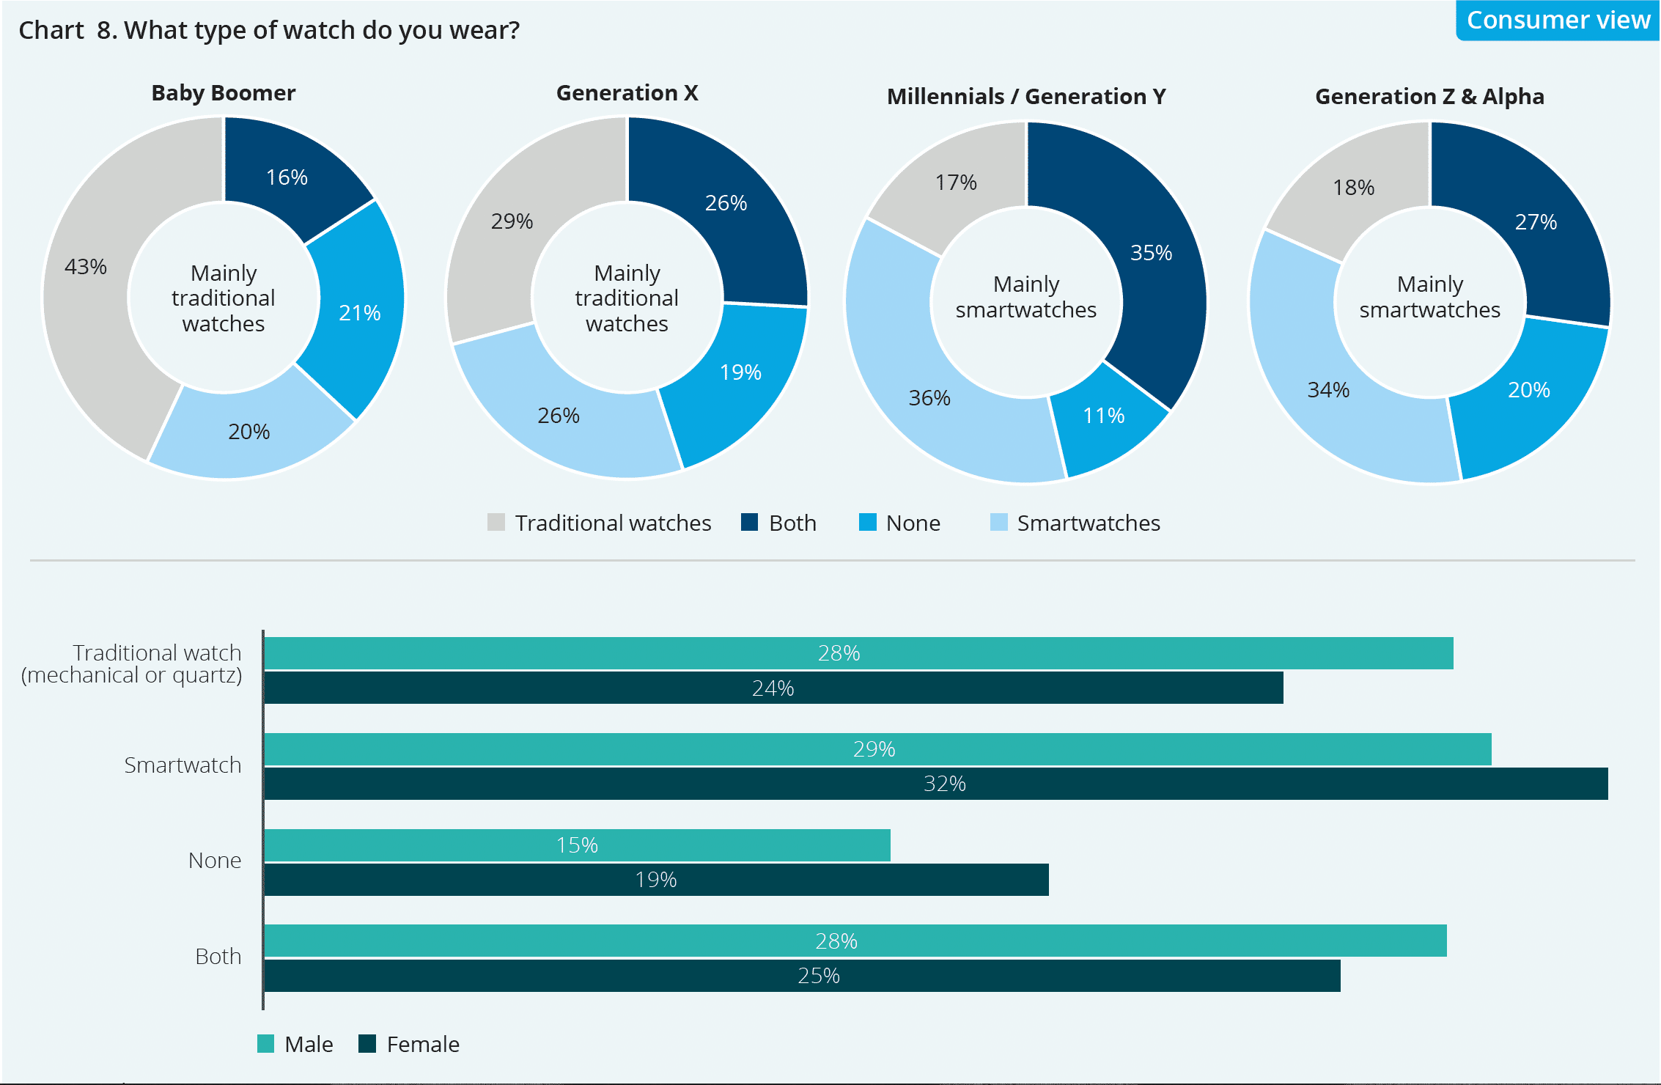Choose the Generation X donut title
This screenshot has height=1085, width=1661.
pyautogui.click(x=627, y=93)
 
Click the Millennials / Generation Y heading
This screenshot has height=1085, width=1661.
pyautogui.click(x=1026, y=97)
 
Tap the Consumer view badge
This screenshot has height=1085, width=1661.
pyautogui.click(x=1558, y=20)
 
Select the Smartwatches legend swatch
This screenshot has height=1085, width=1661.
pyautogui.click(x=998, y=522)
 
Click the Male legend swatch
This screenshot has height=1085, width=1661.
pyautogui.click(x=266, y=1044)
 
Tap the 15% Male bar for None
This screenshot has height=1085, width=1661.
pyautogui.click(x=577, y=845)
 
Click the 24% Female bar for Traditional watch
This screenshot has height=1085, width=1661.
pyautogui.click(x=773, y=688)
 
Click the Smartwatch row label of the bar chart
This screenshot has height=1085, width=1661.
pyautogui.click(x=183, y=765)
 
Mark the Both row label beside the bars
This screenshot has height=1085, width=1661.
pyautogui.click(x=218, y=956)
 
